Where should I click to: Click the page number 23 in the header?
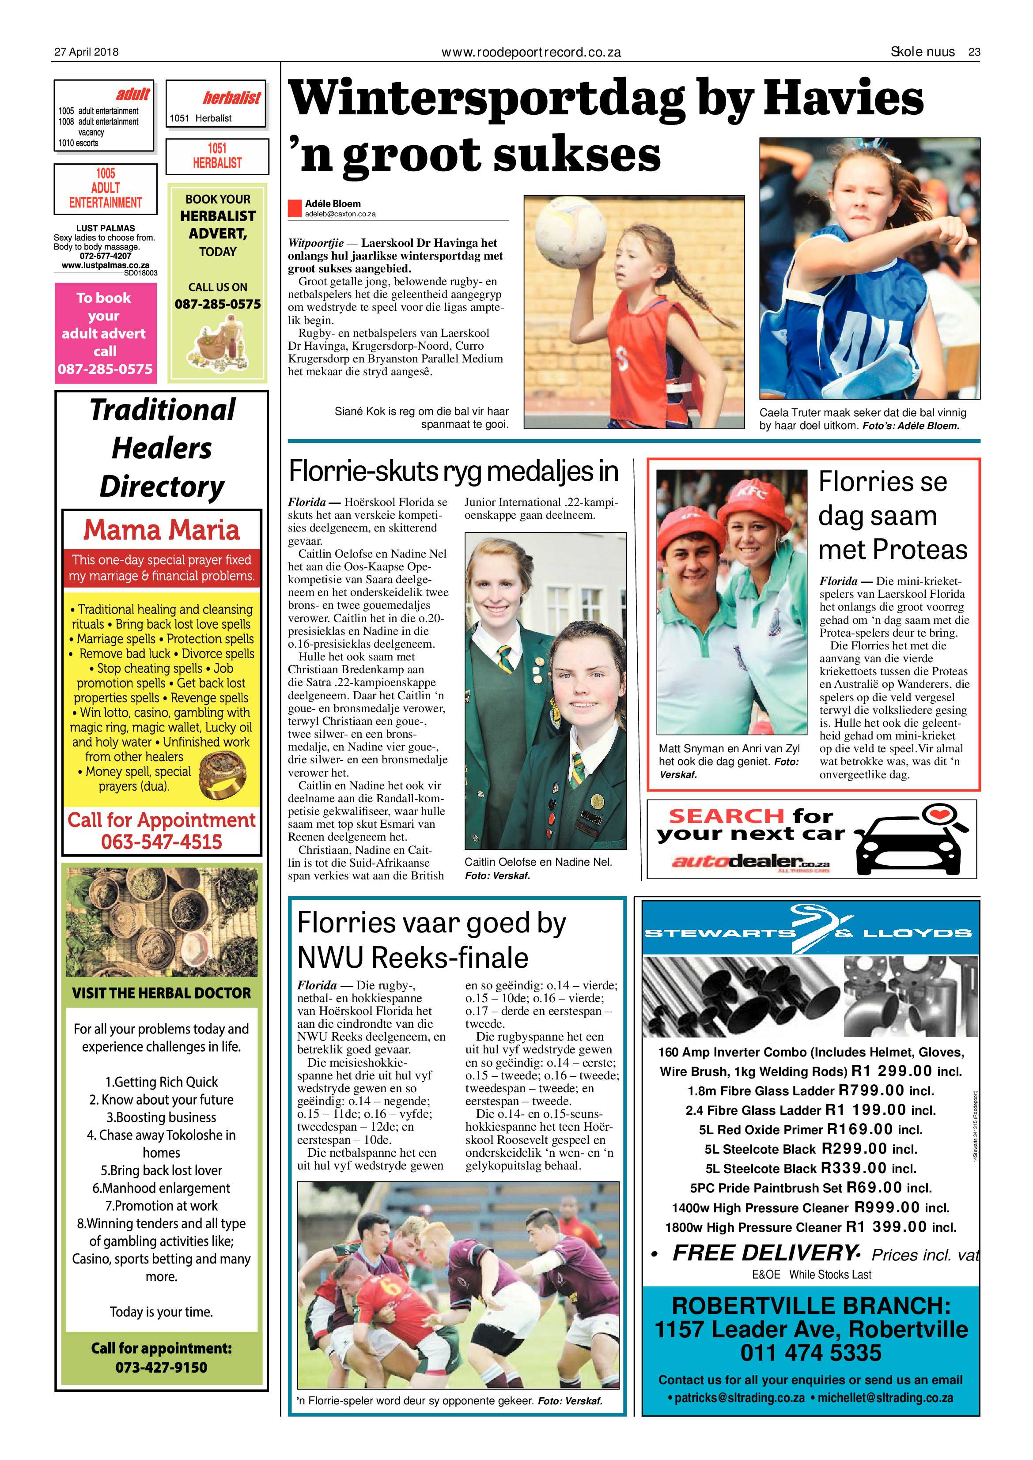pyautogui.click(x=974, y=52)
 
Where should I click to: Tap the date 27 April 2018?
pyautogui.click(x=86, y=52)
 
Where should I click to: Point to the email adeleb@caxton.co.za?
pyautogui.click(x=341, y=214)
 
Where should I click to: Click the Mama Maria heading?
pyautogui.click(x=162, y=530)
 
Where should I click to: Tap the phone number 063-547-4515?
pyautogui.click(x=162, y=842)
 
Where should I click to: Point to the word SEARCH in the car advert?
pyautogui.click(x=726, y=816)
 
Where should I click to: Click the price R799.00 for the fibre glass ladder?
pyautogui.click(x=871, y=1090)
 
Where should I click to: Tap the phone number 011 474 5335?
pyautogui.click(x=810, y=1353)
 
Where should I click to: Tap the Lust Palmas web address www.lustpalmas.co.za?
pyautogui.click(x=106, y=265)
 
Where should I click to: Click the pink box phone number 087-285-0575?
pyautogui.click(x=106, y=369)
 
